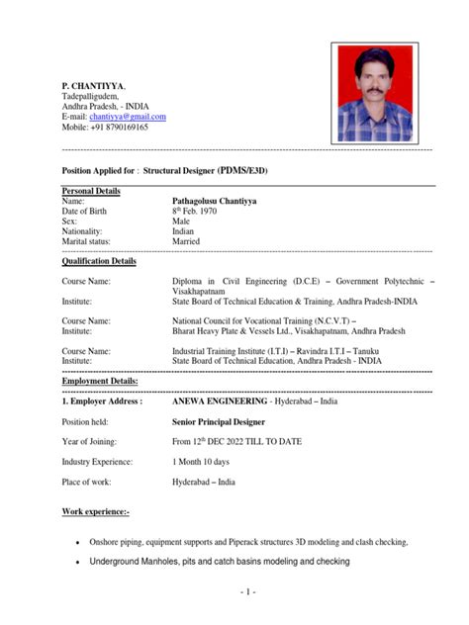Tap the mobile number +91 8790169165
(x=105, y=128)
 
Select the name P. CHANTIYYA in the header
(x=94, y=86)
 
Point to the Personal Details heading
(x=91, y=190)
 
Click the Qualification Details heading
(x=99, y=261)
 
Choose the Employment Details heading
(x=100, y=381)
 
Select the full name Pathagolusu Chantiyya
(x=215, y=201)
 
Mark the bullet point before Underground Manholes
(x=77, y=563)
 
